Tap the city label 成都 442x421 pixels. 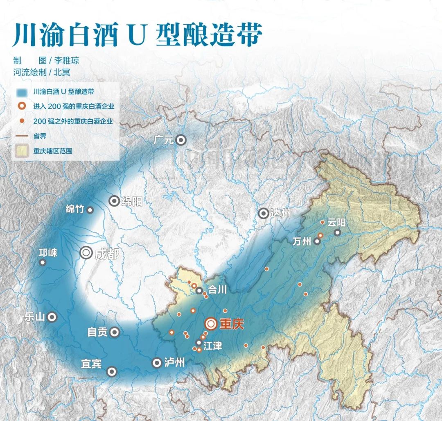point(106,254)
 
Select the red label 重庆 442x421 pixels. point(232,324)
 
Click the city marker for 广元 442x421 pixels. point(181,141)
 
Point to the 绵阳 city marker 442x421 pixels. point(114,201)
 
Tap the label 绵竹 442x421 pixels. point(75,209)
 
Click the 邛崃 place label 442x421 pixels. point(48,253)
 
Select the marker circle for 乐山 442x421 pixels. point(52,316)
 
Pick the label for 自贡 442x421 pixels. point(97,332)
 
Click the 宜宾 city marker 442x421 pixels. point(112,371)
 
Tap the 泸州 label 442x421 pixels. point(174,363)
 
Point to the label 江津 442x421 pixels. point(212,346)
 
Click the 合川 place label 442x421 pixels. point(217,290)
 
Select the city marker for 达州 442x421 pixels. point(264,213)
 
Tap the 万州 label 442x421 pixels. point(302,241)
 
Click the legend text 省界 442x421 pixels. point(40,136)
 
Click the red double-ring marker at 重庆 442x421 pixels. point(211,324)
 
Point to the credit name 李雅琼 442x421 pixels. point(67,61)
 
